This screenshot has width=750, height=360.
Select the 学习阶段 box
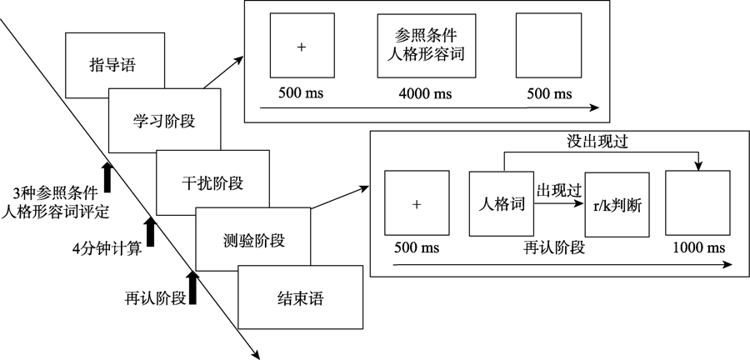coord(164,122)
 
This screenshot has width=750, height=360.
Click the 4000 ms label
coord(426,91)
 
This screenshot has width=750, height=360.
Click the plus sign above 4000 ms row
coord(301,47)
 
